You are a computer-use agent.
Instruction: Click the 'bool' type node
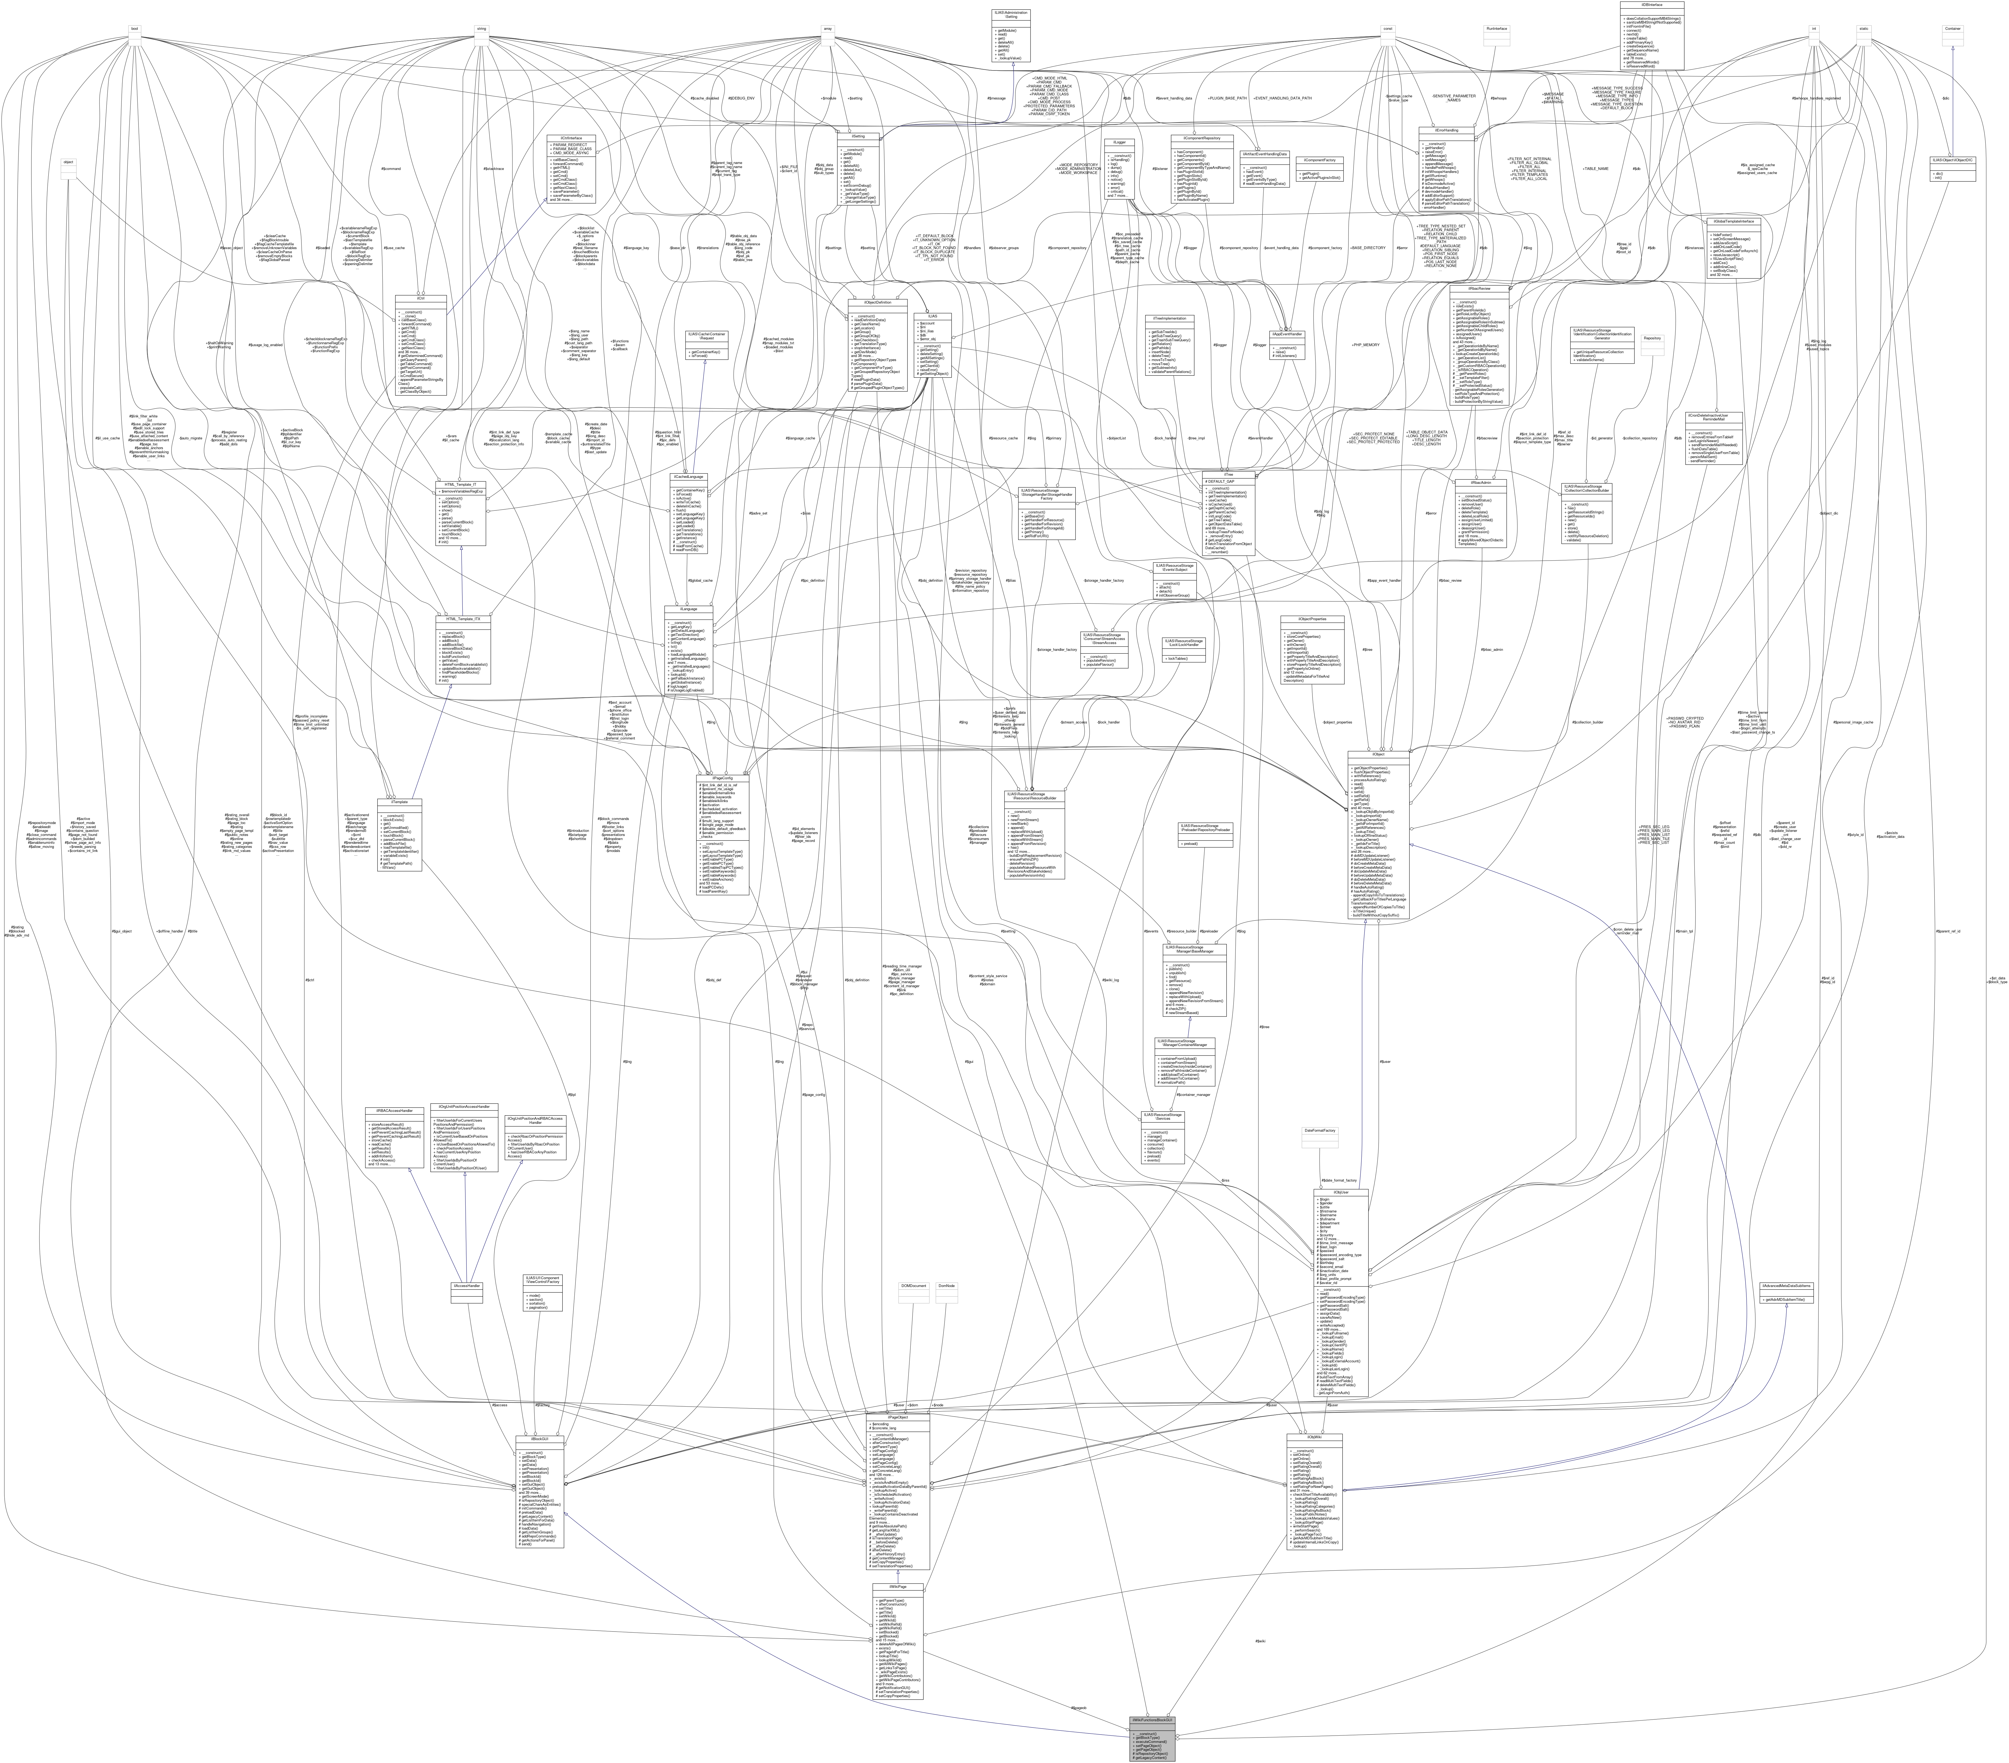pos(135,28)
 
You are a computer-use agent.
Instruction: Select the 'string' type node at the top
pos(482,28)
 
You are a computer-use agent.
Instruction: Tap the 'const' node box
pos(1387,28)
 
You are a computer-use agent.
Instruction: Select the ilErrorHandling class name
pos(1445,129)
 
